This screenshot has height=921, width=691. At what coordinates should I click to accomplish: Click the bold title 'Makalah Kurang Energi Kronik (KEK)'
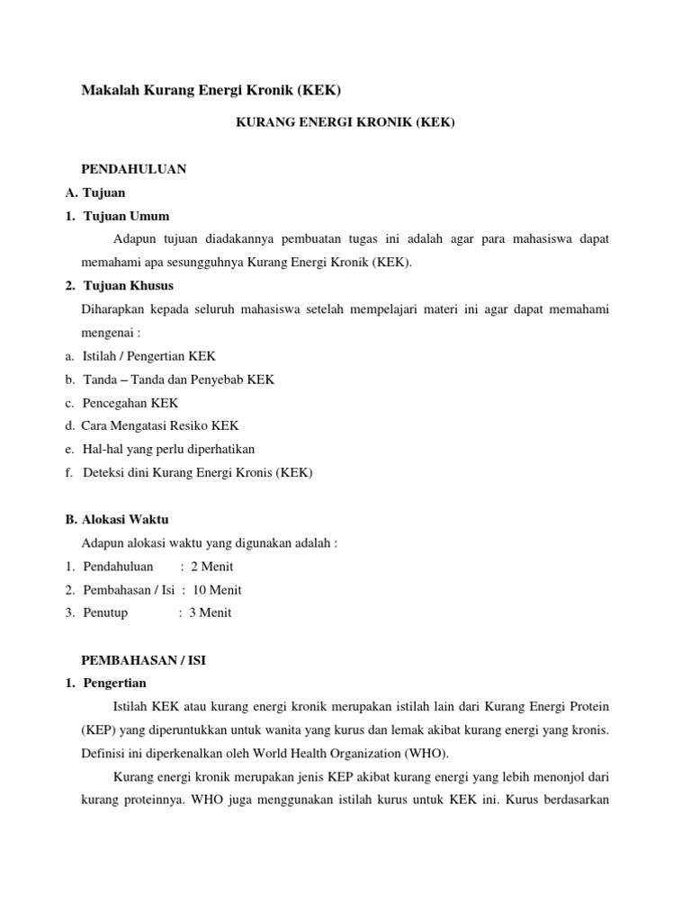211,90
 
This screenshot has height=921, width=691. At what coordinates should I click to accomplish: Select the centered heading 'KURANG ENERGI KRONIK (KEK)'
345,122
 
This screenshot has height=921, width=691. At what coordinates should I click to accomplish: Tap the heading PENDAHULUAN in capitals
134,169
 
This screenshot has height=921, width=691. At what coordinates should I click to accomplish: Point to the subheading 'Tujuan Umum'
126,216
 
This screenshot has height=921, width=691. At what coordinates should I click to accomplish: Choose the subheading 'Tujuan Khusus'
129,286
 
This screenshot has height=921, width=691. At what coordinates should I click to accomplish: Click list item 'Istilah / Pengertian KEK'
149,356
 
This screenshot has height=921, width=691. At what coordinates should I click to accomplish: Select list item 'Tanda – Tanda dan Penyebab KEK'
178,380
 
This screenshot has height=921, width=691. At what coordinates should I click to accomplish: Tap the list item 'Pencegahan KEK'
130,403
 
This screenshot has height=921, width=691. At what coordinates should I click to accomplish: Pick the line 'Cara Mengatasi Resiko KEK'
160,425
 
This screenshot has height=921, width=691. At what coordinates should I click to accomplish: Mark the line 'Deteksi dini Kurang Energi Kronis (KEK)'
197,472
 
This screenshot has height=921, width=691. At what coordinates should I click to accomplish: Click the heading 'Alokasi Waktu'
125,520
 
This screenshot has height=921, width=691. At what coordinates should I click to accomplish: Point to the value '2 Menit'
211,567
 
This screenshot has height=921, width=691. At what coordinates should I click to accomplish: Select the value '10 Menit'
217,590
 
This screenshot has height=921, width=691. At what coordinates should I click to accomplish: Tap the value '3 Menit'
210,613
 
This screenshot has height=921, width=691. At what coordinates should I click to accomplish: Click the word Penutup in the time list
105,613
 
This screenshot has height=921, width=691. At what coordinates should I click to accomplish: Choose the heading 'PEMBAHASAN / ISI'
144,660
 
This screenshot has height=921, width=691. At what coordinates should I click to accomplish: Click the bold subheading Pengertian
114,684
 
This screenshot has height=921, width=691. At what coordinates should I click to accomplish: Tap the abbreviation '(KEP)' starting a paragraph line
96,730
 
